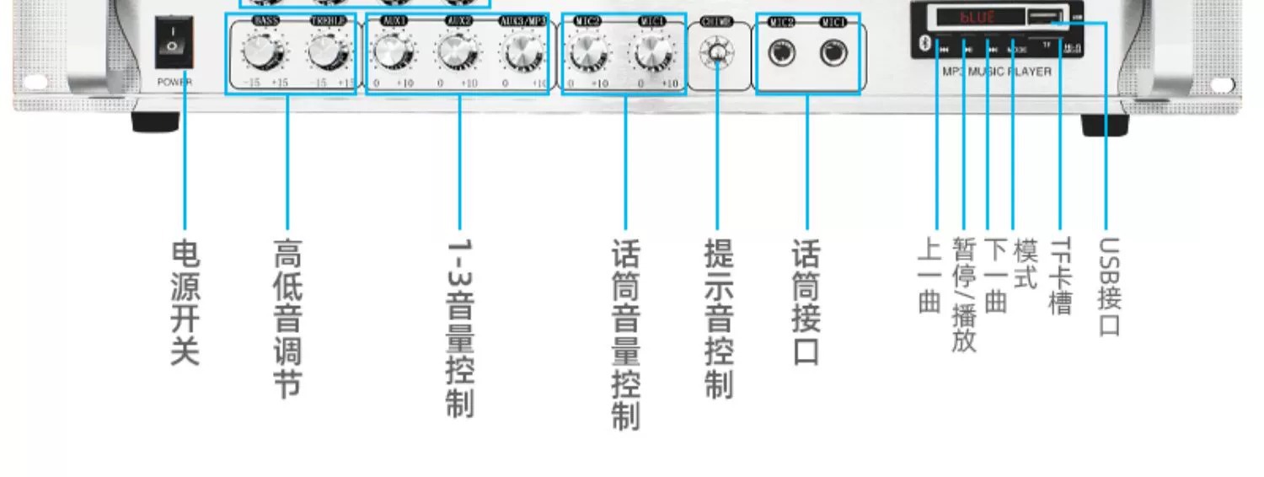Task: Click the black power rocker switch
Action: click(174, 41)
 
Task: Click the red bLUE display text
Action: click(978, 16)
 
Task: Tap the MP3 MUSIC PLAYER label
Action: click(997, 72)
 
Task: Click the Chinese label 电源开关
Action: click(185, 303)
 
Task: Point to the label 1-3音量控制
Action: click(460, 329)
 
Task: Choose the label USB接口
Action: click(1110, 287)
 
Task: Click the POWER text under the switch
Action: click(174, 83)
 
